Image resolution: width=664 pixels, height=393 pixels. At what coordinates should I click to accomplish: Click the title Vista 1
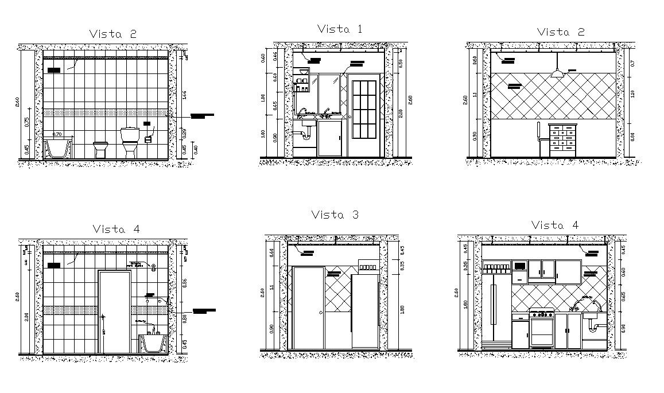339,29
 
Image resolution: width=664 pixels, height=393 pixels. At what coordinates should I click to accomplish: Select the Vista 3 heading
335,215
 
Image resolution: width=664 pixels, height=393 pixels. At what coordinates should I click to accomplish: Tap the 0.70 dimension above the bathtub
57,134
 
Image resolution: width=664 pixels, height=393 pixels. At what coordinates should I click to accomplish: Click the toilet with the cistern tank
129,142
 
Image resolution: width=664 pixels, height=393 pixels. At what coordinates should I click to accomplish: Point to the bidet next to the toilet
100,149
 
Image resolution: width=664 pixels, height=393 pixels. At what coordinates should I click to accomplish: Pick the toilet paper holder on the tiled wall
149,138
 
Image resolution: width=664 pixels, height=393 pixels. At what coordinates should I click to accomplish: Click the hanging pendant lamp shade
557,73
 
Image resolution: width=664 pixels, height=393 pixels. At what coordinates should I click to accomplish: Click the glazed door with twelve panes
363,109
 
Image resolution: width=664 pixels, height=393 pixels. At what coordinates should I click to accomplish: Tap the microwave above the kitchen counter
520,266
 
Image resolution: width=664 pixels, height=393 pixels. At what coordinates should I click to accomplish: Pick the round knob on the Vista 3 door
320,313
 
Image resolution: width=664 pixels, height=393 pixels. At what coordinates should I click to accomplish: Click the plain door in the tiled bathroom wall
114,312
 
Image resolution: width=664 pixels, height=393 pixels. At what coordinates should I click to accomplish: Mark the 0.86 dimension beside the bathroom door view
185,283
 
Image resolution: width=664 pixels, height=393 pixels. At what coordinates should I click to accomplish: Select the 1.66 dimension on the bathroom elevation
185,94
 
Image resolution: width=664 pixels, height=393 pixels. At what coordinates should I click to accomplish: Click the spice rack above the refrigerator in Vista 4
497,266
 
